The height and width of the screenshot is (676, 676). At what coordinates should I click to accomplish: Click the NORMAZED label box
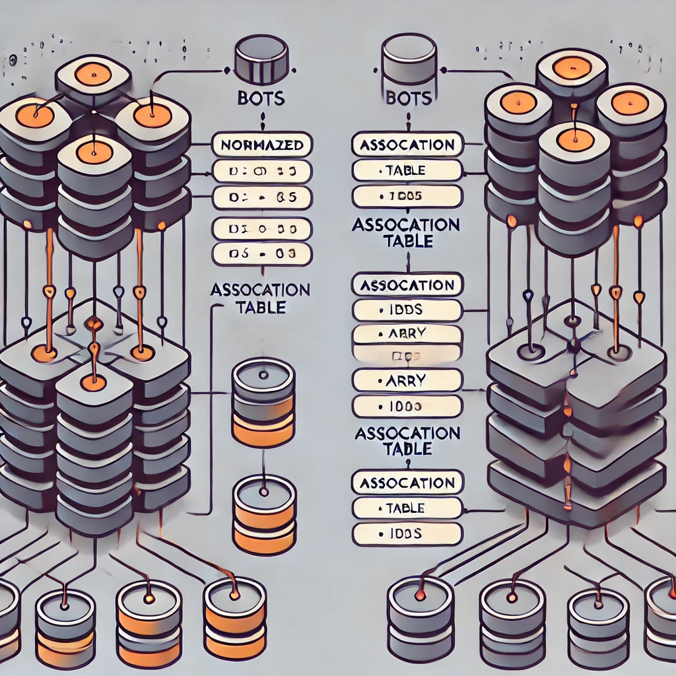point(262,143)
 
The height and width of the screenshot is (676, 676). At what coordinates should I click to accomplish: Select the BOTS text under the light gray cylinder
point(407,98)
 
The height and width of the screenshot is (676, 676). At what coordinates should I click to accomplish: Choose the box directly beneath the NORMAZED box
point(262,171)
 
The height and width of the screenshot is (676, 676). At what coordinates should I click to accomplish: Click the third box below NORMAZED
point(262,228)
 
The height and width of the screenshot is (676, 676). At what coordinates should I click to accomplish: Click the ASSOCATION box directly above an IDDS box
point(407,285)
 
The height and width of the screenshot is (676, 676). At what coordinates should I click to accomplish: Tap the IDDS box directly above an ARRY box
point(407,310)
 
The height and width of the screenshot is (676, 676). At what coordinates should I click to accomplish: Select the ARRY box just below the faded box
point(407,380)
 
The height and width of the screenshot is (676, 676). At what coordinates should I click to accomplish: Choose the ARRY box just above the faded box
point(407,334)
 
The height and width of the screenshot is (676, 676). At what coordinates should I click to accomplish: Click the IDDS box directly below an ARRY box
point(407,406)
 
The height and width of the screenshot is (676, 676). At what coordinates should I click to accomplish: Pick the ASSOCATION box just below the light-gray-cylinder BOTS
point(407,144)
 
